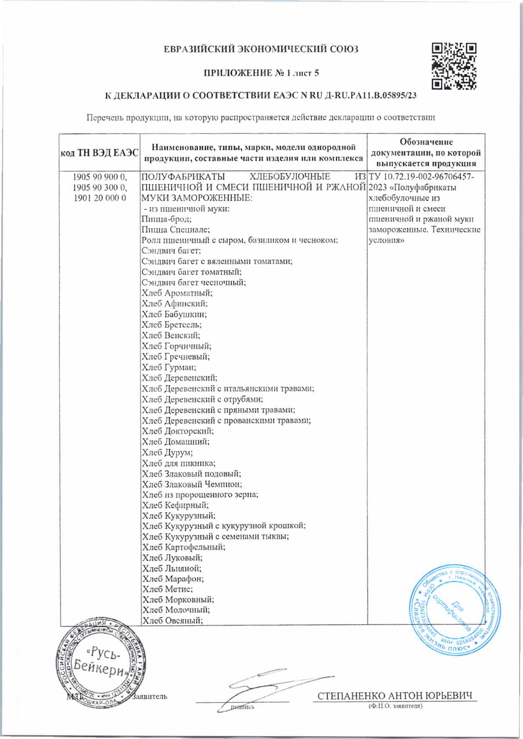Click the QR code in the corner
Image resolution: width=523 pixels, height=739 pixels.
[x=454, y=66]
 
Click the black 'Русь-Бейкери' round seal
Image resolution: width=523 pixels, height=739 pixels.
[x=100, y=662]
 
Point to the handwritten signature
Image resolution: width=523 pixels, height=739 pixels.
[x=268, y=685]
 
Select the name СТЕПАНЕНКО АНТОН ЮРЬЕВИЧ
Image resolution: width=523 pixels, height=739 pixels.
[x=395, y=696]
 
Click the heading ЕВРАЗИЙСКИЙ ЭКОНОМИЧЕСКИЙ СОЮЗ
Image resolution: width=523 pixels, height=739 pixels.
[x=261, y=49]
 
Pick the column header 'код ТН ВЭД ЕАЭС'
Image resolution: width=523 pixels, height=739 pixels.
[x=99, y=153]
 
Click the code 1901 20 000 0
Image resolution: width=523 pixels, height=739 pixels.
[x=99, y=198]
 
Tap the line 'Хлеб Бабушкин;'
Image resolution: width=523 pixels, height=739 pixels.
[x=174, y=315]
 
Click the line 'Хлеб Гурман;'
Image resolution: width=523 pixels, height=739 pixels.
[x=169, y=368]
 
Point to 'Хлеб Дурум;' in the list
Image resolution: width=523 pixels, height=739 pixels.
[x=167, y=453]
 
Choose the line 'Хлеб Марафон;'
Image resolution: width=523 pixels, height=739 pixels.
[x=173, y=579]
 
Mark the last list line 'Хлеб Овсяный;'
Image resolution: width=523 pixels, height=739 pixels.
[x=172, y=621]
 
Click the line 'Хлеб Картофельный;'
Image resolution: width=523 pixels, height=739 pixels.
[x=184, y=547]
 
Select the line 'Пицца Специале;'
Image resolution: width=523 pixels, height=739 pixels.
[x=176, y=230]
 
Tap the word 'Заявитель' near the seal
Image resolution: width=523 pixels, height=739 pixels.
[x=150, y=697]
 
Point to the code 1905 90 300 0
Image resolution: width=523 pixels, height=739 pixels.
[x=99, y=187]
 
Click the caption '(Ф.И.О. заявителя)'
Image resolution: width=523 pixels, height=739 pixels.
[x=395, y=706]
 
